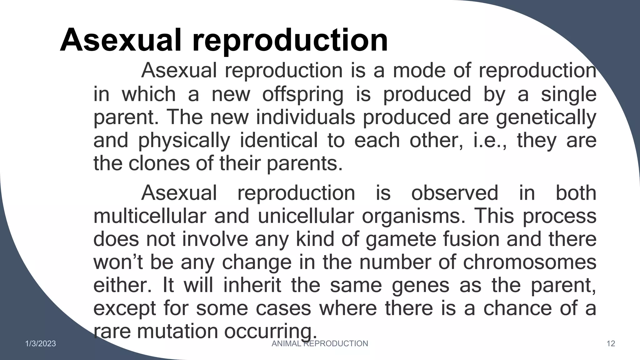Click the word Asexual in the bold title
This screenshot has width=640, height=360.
pyautogui.click(x=121, y=40)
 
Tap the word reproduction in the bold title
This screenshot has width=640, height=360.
pyautogui.click(x=290, y=40)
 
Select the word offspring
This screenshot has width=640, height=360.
pyautogui.click(x=302, y=94)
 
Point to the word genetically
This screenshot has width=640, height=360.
pyautogui.click(x=546, y=117)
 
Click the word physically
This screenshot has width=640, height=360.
pyautogui.click(x=184, y=141)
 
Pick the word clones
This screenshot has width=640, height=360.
pyautogui.click(x=159, y=163)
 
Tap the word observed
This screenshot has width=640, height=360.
pyautogui.click(x=454, y=193)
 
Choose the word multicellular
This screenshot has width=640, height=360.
pyautogui.click(x=150, y=216)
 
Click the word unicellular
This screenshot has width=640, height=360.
pyautogui.click(x=306, y=216)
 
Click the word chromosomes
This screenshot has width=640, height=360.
pyautogui.click(x=529, y=262)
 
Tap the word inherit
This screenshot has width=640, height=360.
pyautogui.click(x=252, y=285)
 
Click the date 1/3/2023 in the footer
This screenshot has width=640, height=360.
pyautogui.click(x=41, y=344)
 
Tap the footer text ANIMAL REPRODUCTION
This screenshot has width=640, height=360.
pyautogui.click(x=320, y=344)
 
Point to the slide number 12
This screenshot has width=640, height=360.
pyautogui.click(x=611, y=344)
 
